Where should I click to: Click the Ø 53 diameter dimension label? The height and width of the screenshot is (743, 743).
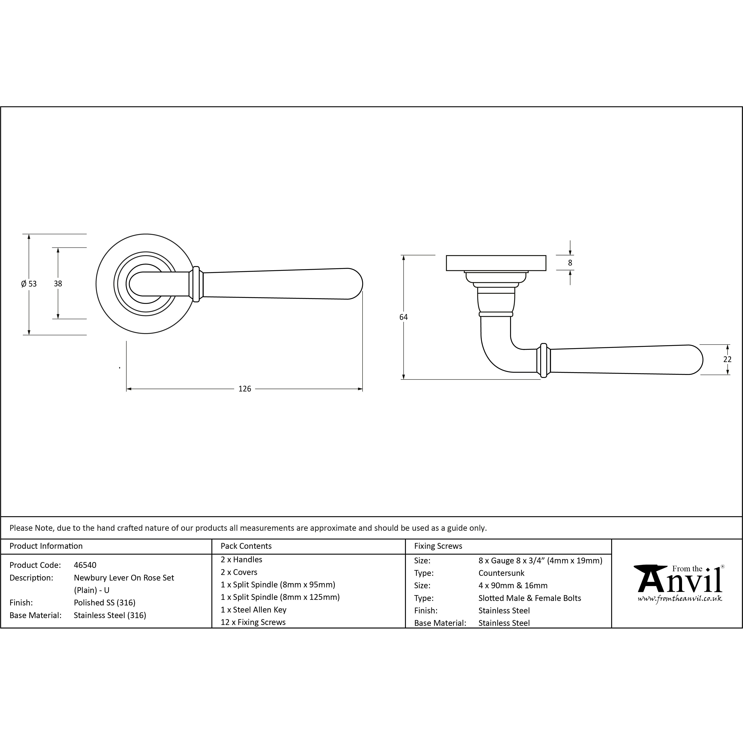29,284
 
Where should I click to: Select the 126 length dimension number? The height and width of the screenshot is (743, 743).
245,389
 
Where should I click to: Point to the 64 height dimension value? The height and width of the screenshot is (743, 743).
403,317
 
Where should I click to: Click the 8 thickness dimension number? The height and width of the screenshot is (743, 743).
570,263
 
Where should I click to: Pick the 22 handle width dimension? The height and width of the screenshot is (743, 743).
727,359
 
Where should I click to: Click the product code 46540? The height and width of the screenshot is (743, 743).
85,565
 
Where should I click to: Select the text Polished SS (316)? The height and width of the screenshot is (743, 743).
105,603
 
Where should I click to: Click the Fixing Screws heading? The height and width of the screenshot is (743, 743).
438,546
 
